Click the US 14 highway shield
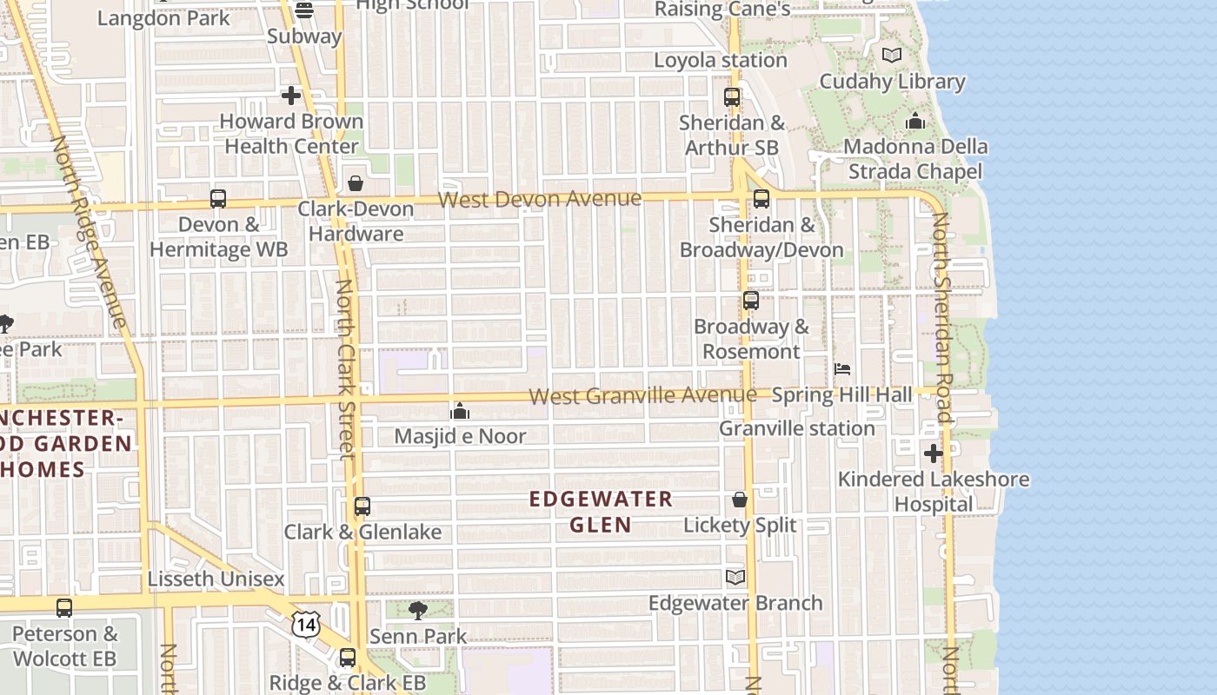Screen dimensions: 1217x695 pyautogui.click(x=306, y=624)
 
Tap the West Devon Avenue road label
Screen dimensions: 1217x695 pyautogui.click(x=540, y=200)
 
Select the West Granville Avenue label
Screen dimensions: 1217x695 pyautogui.click(x=642, y=396)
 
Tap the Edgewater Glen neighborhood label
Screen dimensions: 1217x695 pyautogui.click(x=601, y=512)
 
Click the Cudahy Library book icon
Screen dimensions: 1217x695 pyautogui.click(x=892, y=56)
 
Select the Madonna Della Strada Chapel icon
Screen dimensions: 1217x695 pyautogui.click(x=914, y=122)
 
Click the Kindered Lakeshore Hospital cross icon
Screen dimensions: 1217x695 pyautogui.click(x=933, y=453)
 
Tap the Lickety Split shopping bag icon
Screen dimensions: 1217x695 pyautogui.click(x=740, y=500)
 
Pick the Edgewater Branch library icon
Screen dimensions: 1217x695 pyautogui.click(x=735, y=577)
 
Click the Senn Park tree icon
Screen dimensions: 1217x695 pyautogui.click(x=418, y=610)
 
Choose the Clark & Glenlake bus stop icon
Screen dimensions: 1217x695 pyautogui.click(x=362, y=506)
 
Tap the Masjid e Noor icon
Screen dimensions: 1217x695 pyautogui.click(x=460, y=410)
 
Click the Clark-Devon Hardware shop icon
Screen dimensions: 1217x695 pyautogui.click(x=356, y=183)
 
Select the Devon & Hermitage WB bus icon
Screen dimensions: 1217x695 pyautogui.click(x=218, y=199)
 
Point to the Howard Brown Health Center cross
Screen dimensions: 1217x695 pyautogui.click(x=291, y=96)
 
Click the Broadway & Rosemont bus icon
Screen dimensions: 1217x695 pyautogui.click(x=751, y=301)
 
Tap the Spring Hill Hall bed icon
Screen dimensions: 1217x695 pyautogui.click(x=842, y=369)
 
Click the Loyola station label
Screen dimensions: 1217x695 pyautogui.click(x=720, y=61)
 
